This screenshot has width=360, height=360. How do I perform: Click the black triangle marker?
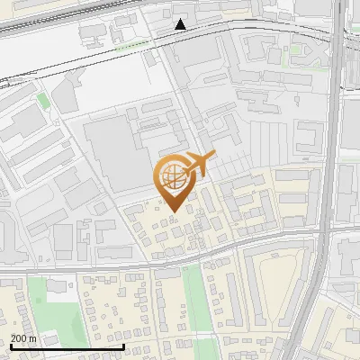(x=181, y=24)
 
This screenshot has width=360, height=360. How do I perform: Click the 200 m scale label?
(x=23, y=338)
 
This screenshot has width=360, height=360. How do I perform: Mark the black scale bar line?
(x=67, y=346)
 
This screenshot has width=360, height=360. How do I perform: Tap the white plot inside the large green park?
(x=59, y=286)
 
